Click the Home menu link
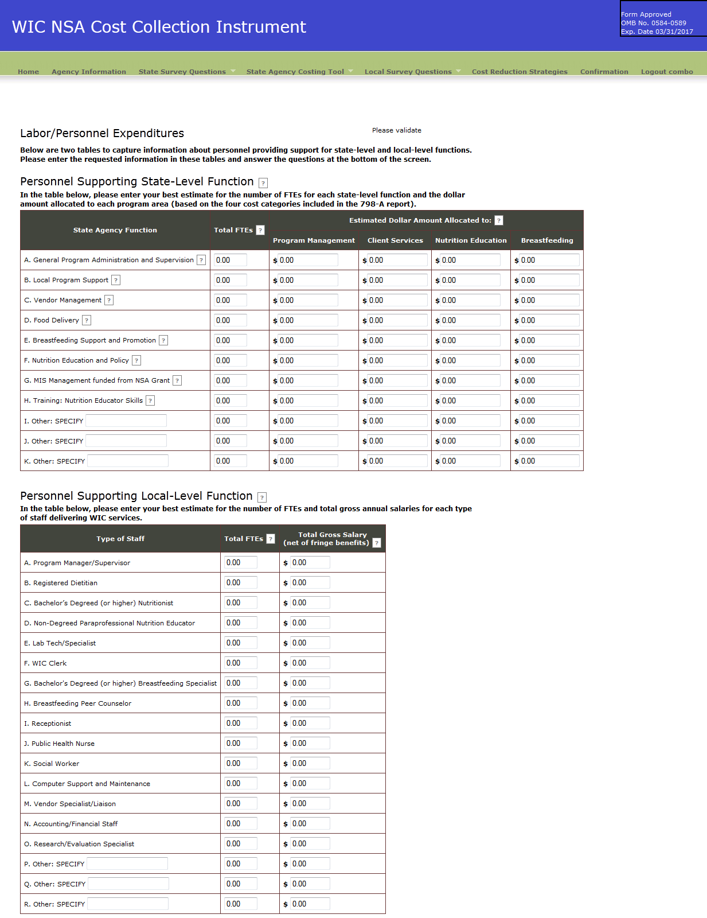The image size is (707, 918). [x=28, y=72]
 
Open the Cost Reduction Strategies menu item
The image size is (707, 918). [x=519, y=72]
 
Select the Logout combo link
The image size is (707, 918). [x=666, y=72]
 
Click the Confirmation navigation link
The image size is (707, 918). [x=604, y=72]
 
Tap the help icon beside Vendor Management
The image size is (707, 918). [x=109, y=300]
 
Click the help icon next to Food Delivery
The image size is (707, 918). [x=87, y=320]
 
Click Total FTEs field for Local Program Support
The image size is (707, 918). [x=231, y=280]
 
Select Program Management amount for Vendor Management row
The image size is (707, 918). [x=308, y=300]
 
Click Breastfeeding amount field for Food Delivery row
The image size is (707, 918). [x=549, y=320]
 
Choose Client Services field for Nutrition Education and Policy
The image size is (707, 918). [x=397, y=360]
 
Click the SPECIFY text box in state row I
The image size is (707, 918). [x=126, y=421]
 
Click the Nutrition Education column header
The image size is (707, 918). [x=471, y=240]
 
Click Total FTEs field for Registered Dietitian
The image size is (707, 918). [x=241, y=582]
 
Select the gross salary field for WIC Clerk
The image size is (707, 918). [x=310, y=663]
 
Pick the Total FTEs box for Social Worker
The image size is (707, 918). [x=241, y=763]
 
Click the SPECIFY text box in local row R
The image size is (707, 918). [x=127, y=904]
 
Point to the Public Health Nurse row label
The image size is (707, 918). [x=60, y=744]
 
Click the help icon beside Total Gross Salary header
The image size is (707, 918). [x=377, y=543]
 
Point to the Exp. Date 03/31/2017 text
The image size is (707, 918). [x=657, y=32]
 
